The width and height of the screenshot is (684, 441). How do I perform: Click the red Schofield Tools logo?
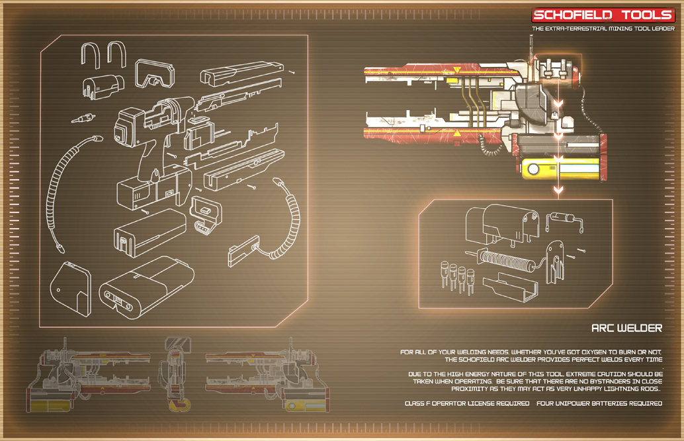pos(603,15)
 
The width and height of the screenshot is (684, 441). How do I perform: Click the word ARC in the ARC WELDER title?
pos(602,328)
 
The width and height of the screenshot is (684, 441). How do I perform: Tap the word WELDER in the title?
pos(639,328)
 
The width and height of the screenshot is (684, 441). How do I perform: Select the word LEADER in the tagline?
pos(662,28)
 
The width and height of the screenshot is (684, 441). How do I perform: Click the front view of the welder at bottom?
pos(177,373)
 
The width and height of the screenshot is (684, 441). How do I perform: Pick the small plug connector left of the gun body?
pos(82,120)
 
